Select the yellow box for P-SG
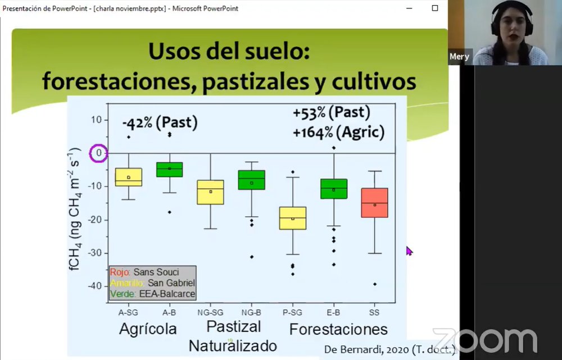[x=293, y=218]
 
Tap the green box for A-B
[x=169, y=169]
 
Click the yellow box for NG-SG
[x=211, y=192]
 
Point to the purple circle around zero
[x=98, y=153]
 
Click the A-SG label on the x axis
[x=129, y=312]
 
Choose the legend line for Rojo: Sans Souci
[x=144, y=272]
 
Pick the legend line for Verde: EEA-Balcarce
[x=152, y=294]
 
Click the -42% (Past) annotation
[x=160, y=123]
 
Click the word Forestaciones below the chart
[x=338, y=329]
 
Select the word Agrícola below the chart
[x=148, y=329]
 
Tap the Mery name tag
[x=459, y=57]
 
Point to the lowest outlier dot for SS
[x=375, y=284]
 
